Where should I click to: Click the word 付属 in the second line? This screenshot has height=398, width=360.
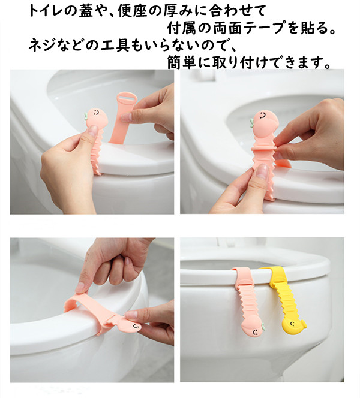[x=181, y=28]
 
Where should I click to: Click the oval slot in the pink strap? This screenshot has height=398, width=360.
[x=127, y=97]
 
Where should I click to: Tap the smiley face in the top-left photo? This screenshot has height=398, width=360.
[x=96, y=112]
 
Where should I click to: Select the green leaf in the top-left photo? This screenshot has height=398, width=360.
[x=86, y=116]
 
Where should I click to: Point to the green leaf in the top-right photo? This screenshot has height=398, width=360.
[x=251, y=123]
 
